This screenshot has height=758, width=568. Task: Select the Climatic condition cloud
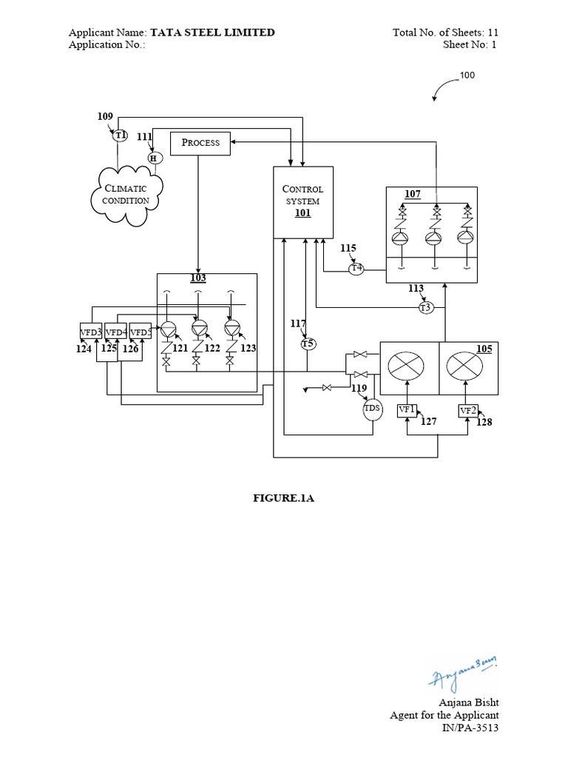pos(126,195)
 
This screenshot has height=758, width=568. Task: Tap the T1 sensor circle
pos(121,135)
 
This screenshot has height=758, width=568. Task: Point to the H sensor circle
pos(154,158)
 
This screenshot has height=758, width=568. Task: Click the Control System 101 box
pos(302,201)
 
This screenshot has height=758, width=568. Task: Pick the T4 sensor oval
pos(356,268)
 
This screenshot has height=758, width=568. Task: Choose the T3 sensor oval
pos(425,307)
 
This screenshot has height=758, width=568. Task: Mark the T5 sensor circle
pos(308,343)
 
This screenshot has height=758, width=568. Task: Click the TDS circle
pos(372,409)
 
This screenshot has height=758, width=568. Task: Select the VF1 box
pos(407,409)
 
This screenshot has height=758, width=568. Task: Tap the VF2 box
pos(468,411)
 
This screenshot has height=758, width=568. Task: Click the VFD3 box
pos(91,332)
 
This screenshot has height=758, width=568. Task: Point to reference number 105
pos(484,348)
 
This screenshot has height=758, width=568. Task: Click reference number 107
pos(412,194)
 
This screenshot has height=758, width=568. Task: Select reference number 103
pos(198,278)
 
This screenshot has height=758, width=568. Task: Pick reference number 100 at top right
pos(467,76)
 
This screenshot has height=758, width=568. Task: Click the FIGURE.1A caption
pos(284,499)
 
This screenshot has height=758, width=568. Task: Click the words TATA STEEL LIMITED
pos(213,33)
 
